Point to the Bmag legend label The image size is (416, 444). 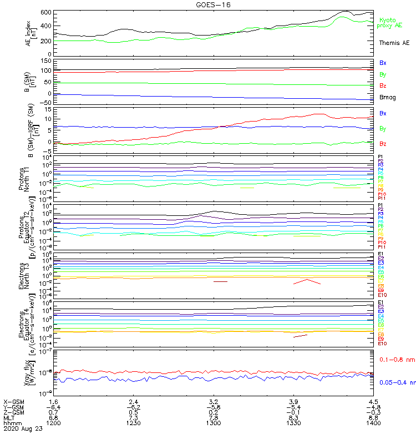pyautogui.click(x=388, y=98)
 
